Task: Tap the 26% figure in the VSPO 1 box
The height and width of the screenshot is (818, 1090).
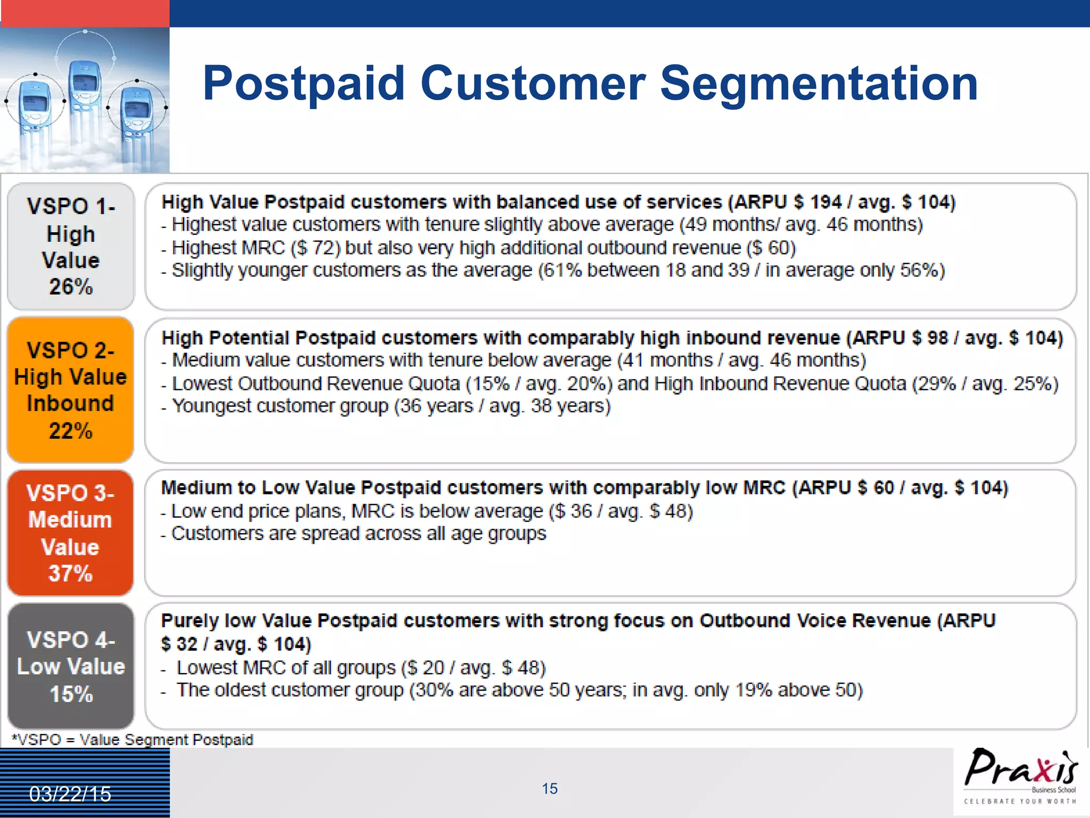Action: (x=71, y=287)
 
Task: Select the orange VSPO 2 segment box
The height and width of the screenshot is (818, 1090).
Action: (x=70, y=390)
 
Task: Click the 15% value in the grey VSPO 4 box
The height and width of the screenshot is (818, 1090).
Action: (x=71, y=694)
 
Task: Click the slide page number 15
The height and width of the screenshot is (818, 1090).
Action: (x=549, y=789)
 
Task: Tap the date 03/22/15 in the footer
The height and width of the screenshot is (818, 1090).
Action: (x=70, y=794)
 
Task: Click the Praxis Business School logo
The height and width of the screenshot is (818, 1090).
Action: (x=1020, y=776)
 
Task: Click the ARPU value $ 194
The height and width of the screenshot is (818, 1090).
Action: (x=817, y=202)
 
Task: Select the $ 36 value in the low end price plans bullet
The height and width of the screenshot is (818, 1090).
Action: (x=573, y=511)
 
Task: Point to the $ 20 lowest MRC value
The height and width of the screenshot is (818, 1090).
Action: (x=426, y=668)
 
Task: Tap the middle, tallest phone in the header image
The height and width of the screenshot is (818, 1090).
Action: (x=85, y=85)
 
